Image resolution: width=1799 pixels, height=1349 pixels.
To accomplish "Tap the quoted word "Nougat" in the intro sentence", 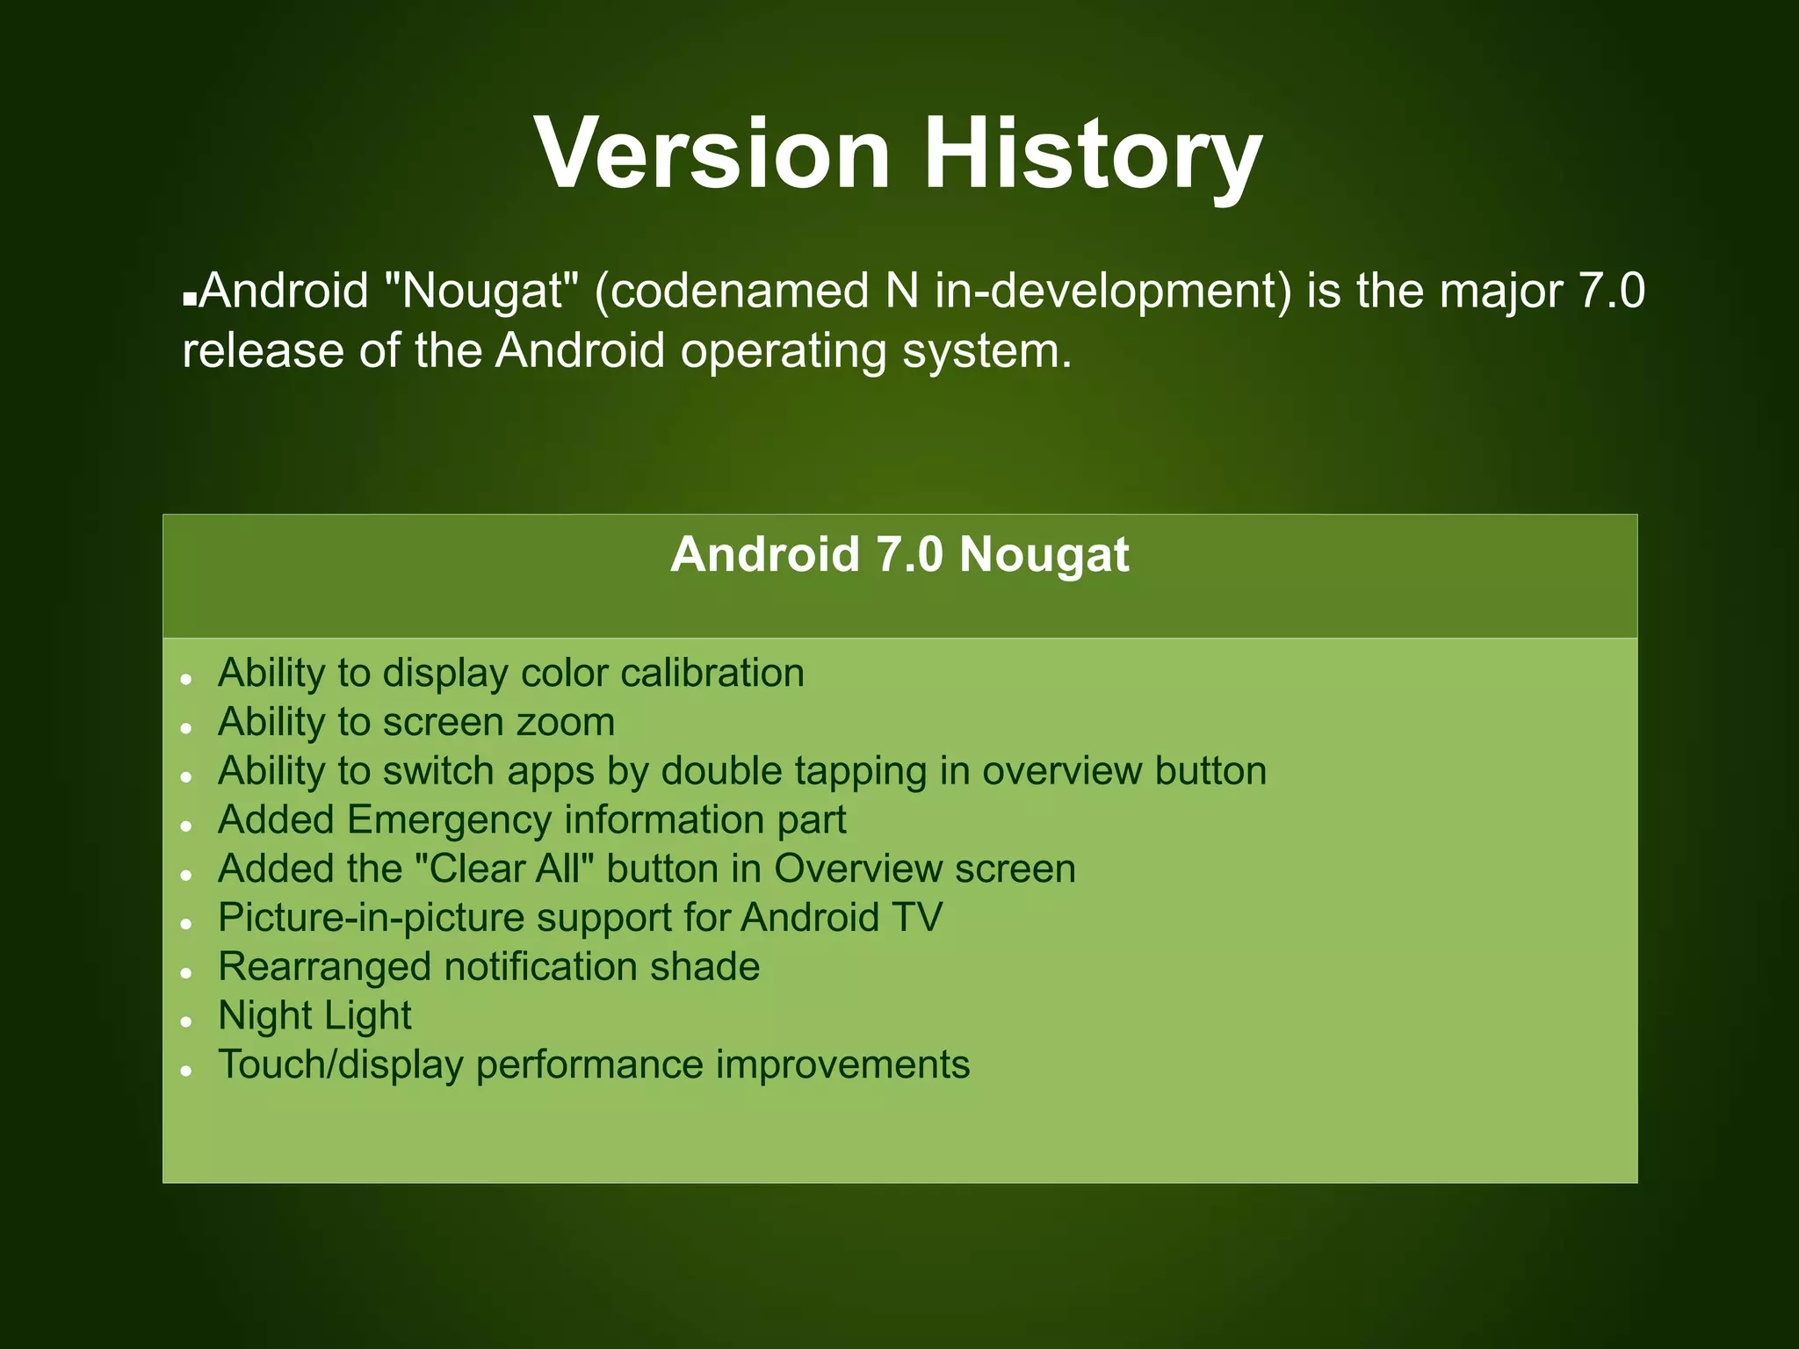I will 481,291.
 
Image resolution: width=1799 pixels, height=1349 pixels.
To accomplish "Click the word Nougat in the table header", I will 1044,555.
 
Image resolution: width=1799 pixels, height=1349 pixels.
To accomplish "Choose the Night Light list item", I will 314,1016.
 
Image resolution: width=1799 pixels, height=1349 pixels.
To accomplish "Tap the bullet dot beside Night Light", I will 186,1021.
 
